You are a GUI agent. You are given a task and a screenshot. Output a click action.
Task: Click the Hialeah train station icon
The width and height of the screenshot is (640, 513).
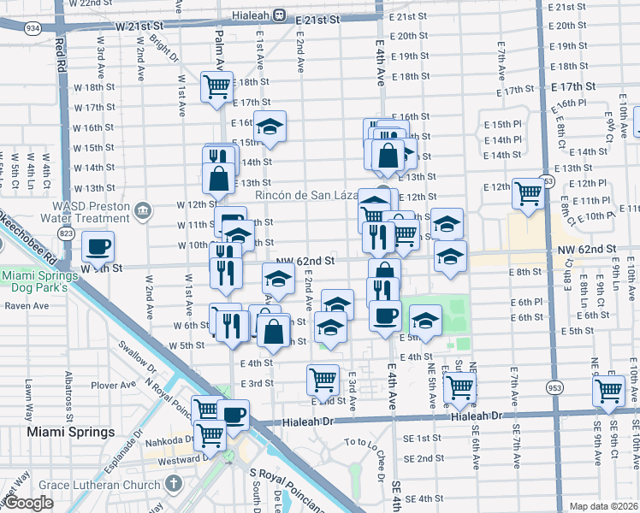point(280,15)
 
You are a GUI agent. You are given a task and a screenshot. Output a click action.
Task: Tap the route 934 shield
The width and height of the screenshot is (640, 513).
point(33,28)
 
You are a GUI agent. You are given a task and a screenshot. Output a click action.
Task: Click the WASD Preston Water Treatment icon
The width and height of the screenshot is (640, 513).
point(143,210)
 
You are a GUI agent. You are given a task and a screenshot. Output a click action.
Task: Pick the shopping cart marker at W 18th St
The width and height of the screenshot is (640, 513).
point(217,85)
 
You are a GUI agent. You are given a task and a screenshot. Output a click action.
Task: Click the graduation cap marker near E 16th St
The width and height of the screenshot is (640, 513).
point(270,127)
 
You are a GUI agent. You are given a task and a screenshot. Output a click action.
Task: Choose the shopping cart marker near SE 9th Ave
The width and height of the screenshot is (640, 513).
point(608,392)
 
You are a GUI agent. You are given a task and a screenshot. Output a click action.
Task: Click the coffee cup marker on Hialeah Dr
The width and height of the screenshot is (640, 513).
point(233,416)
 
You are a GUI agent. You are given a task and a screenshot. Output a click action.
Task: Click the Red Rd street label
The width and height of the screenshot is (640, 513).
point(59,53)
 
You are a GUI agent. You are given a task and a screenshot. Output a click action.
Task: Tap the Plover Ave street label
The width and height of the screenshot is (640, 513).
point(109,386)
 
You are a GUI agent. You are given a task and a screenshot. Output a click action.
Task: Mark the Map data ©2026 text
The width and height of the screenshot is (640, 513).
point(603,505)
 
